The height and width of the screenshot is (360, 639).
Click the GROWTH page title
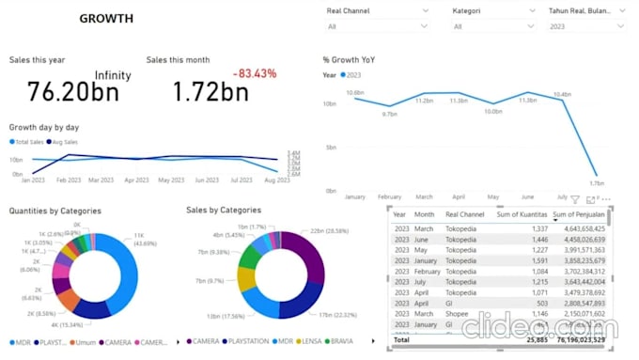coord(105,19)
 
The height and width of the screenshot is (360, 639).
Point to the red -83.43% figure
coord(254,73)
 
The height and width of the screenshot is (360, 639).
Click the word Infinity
coord(113,75)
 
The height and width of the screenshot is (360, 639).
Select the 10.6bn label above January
coord(354,93)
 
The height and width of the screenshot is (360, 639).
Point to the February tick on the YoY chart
coord(389,197)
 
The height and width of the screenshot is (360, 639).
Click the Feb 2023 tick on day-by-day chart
coord(69,180)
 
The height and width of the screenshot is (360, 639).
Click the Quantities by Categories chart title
coord(55,211)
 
